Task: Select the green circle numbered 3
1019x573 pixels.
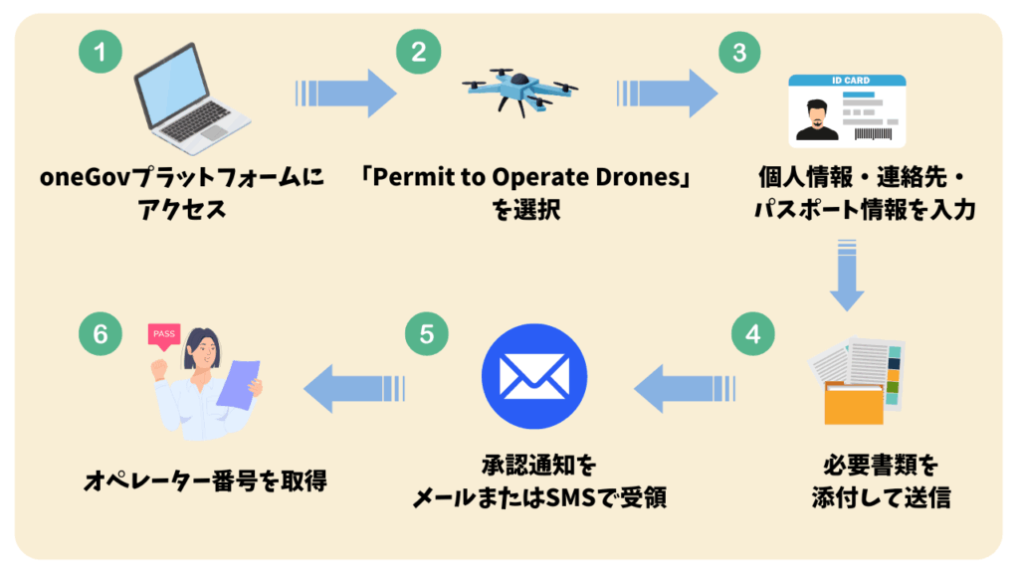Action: [x=738, y=52]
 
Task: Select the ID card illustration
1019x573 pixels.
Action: [x=846, y=110]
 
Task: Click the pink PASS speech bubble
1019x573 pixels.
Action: [x=164, y=334]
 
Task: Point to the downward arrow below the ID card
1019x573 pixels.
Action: [x=847, y=275]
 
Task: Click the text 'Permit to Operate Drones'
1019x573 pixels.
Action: [x=527, y=179]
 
